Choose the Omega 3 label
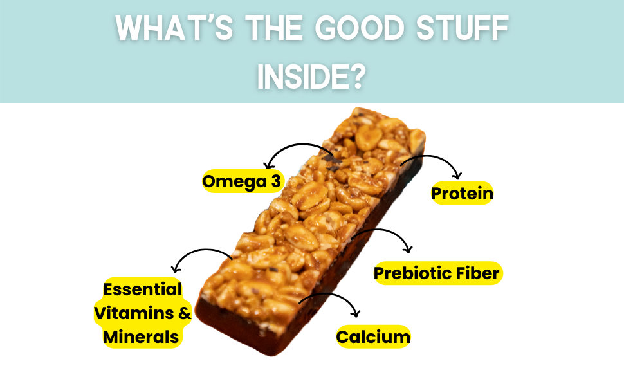click(242, 181)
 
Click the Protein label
click(462, 194)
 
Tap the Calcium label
click(373, 337)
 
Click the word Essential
click(142, 289)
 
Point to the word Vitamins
click(134, 313)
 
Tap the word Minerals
click(141, 337)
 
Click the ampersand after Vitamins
click(185, 313)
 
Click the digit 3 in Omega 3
click(276, 181)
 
